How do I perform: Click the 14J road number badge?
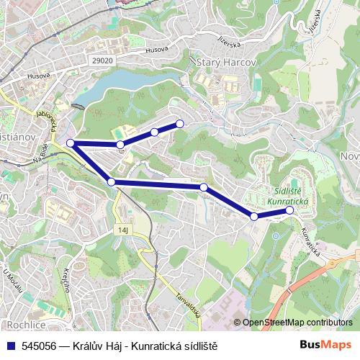pos(122,230)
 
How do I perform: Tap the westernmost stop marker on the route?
pos(71,143)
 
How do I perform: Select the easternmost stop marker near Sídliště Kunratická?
pos(289,211)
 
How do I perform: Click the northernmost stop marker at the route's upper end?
pos(179,124)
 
